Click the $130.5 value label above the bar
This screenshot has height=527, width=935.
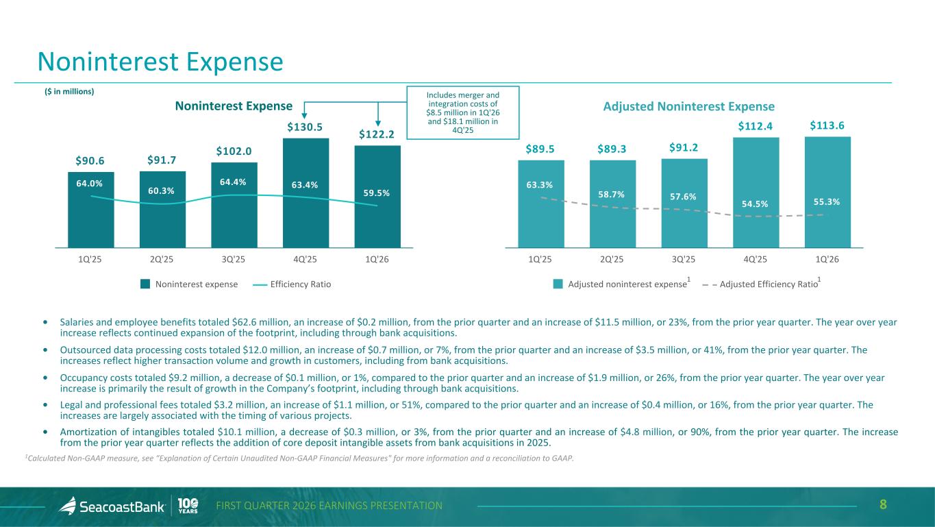click(x=305, y=127)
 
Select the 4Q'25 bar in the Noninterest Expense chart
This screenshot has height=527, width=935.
click(x=305, y=206)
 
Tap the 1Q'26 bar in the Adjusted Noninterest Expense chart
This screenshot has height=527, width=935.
click(x=827, y=206)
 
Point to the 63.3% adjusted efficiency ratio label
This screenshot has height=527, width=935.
click(x=540, y=185)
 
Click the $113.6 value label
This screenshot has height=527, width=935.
click(x=827, y=125)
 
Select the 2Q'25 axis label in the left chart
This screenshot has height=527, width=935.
click(x=161, y=258)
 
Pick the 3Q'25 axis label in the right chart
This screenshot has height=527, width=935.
click(x=684, y=258)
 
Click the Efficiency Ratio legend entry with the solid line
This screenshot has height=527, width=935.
click(x=291, y=284)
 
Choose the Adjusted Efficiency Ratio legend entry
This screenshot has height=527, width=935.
click(x=760, y=284)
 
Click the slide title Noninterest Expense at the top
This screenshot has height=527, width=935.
click(x=160, y=62)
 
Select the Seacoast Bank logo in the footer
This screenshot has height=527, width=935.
click(x=112, y=506)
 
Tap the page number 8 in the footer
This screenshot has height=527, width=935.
click(x=883, y=505)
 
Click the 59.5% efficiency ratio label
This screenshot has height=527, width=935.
click(x=377, y=193)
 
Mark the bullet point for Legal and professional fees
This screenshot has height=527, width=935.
click(x=45, y=405)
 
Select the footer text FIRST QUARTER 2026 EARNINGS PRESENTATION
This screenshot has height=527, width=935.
click(x=329, y=506)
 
